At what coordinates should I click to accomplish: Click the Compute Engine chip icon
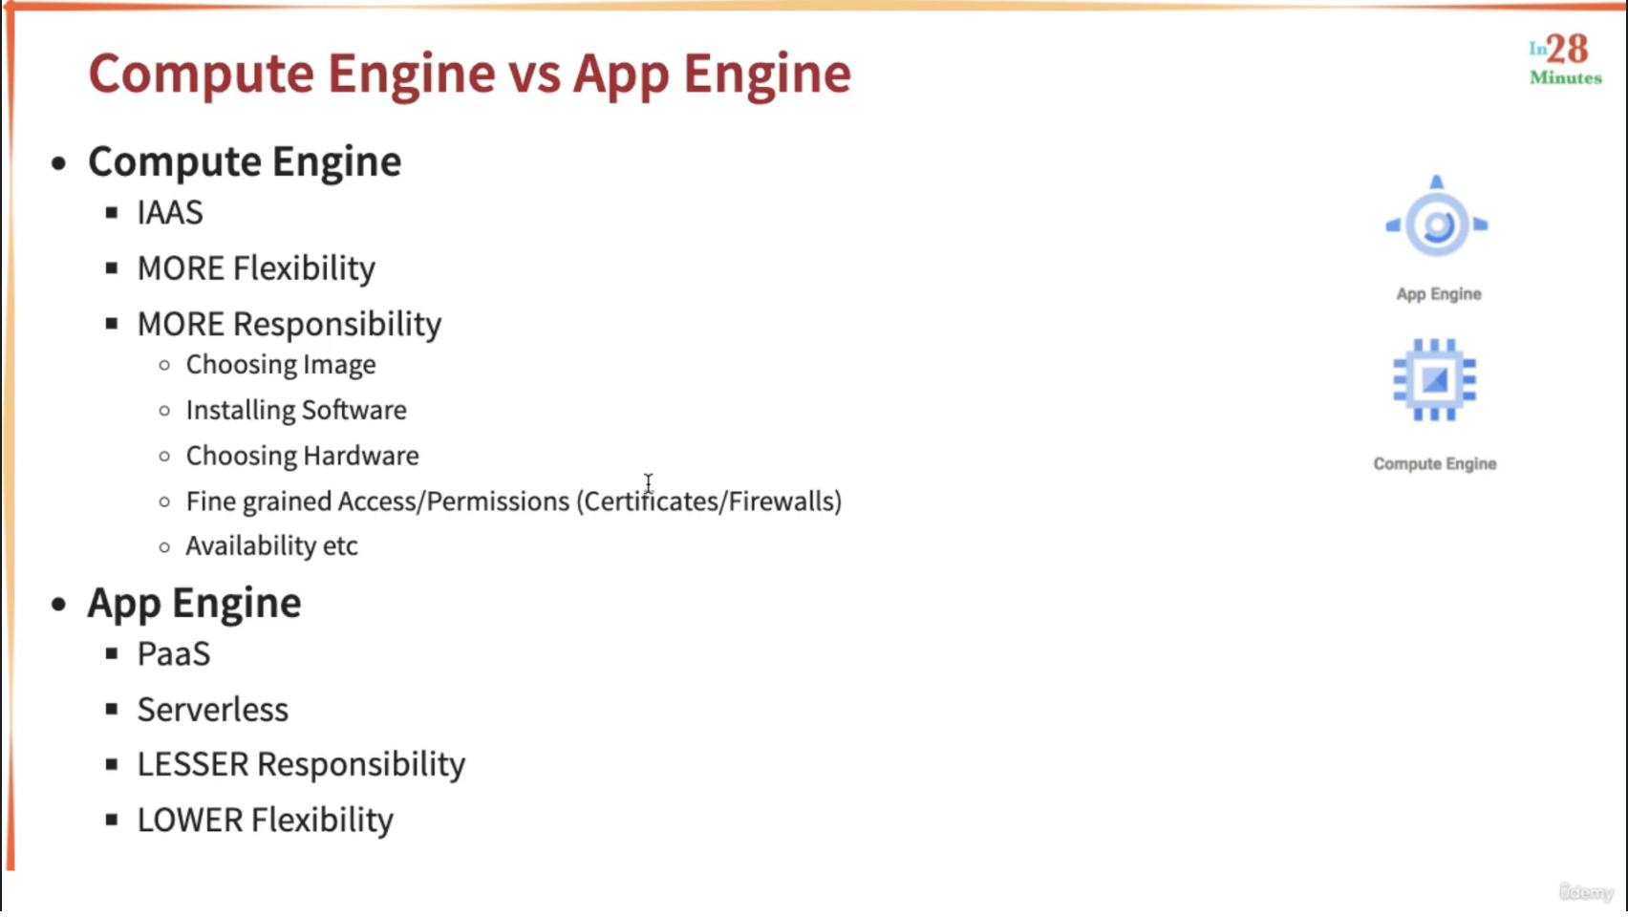click(1435, 379)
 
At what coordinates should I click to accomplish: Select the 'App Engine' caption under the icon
click(1439, 294)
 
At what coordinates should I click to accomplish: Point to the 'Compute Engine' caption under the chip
click(1435, 463)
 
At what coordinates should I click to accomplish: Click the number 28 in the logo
click(1567, 50)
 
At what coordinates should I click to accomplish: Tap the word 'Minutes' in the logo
click(1566, 77)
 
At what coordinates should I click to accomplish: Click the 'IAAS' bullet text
click(170, 213)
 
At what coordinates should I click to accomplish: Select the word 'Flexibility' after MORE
click(304, 268)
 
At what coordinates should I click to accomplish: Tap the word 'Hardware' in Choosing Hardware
click(360, 456)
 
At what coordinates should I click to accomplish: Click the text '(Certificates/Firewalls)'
click(709, 501)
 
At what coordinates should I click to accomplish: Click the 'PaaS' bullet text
click(174, 654)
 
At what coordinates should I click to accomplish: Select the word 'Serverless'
click(213, 710)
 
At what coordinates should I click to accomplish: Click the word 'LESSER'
click(193, 764)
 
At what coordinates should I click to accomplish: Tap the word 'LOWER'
click(190, 821)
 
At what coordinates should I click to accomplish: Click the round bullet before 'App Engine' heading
click(59, 604)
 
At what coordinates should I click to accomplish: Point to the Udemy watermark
click(1587, 891)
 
